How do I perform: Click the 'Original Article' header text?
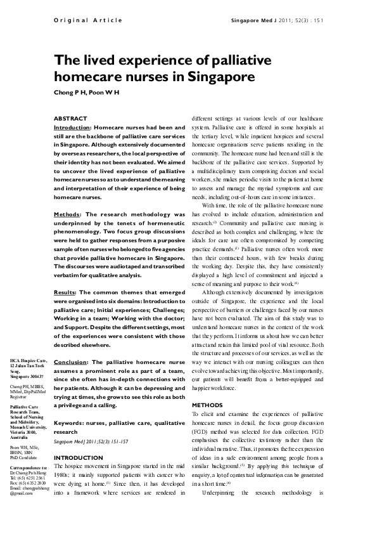[88, 20]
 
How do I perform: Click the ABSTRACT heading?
[70, 119]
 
